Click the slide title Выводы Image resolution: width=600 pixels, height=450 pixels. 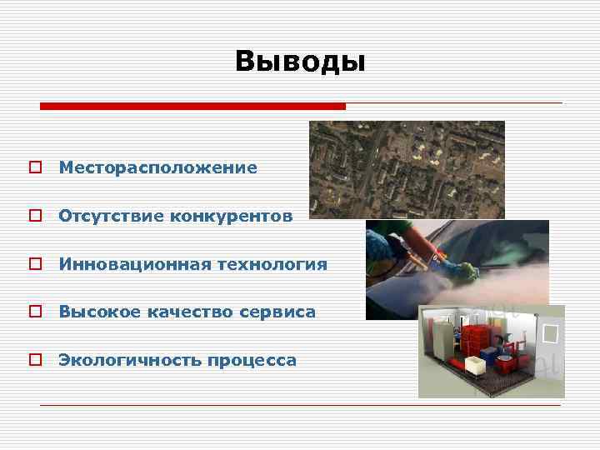(300, 61)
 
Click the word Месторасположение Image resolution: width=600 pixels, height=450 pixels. (157, 168)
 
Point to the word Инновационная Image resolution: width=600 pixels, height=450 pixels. (134, 265)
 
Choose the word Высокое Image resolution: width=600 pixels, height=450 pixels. (99, 312)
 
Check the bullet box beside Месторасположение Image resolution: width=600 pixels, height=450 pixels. (34, 168)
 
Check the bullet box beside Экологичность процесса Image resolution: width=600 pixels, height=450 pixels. (34, 361)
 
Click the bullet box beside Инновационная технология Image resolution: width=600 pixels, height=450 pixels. (34, 265)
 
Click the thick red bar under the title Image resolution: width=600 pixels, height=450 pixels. (192, 107)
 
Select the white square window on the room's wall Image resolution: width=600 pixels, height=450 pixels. (550, 333)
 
